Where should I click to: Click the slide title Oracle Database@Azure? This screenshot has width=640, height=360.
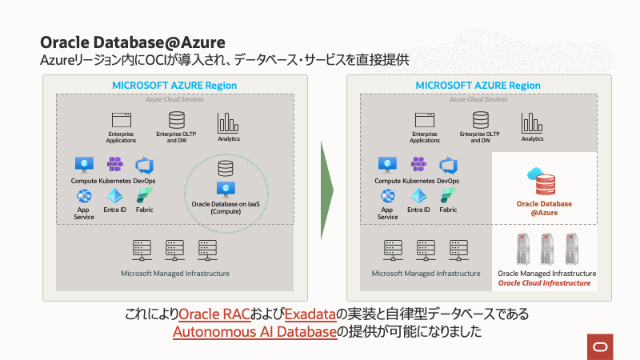pyautogui.click(x=132, y=42)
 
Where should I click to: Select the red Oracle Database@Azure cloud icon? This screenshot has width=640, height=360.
pyautogui.click(x=545, y=182)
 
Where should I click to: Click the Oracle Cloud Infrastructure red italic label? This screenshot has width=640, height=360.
pyautogui.click(x=544, y=283)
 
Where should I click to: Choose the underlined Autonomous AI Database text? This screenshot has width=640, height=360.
pyautogui.click(x=254, y=331)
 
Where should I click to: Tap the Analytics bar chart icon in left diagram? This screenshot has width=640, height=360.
pyautogui.click(x=228, y=122)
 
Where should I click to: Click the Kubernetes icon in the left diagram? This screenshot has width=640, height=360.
pyautogui.click(x=115, y=165)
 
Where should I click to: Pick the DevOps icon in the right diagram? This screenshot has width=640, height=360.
pyautogui.click(x=448, y=165)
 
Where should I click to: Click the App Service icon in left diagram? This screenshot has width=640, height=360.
pyautogui.click(x=83, y=196)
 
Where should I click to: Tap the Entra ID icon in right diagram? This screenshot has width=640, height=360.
pyautogui.click(x=418, y=196)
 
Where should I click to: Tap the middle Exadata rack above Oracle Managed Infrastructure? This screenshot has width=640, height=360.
pyautogui.click(x=546, y=250)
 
